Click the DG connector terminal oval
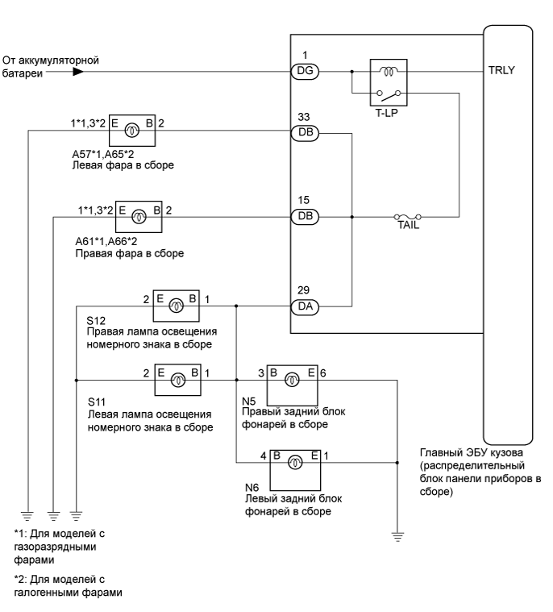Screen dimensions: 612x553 click(305, 71)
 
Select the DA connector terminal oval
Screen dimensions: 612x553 click(305, 306)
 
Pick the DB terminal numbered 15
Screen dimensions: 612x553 click(305, 217)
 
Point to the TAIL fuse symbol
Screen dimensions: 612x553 click(407, 217)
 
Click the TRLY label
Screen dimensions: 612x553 click(500, 70)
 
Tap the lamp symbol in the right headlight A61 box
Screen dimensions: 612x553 click(139, 216)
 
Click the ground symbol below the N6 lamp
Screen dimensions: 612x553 click(397, 535)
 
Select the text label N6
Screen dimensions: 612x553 click(250, 489)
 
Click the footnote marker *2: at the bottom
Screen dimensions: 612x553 click(23, 579)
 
